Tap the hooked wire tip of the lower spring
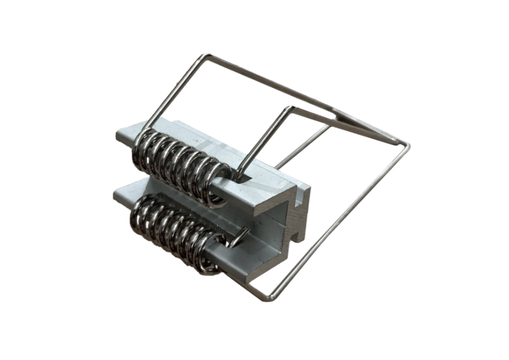238,238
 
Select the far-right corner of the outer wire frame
408,145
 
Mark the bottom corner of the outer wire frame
268,298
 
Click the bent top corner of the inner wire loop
289,108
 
